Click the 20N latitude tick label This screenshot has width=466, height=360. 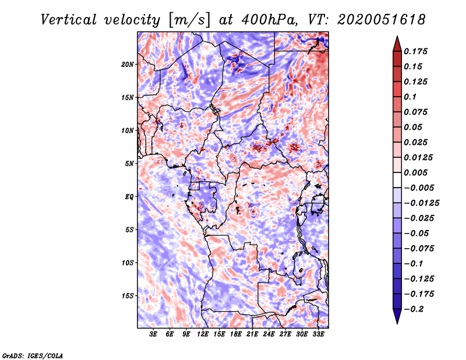pyautogui.click(x=128, y=64)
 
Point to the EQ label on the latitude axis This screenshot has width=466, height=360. pyautogui.click(x=129, y=197)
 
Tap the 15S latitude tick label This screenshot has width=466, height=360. pyautogui.click(x=128, y=296)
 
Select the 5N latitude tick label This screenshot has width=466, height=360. pyautogui.click(x=129, y=164)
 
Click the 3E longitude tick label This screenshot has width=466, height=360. pyautogui.click(x=154, y=334)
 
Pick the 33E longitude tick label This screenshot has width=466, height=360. pyautogui.click(x=318, y=334)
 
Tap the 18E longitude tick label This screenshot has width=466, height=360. pyautogui.click(x=236, y=334)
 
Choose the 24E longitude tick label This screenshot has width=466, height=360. pyautogui.click(x=269, y=334)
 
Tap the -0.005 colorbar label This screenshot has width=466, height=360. pyautogui.click(x=419, y=188)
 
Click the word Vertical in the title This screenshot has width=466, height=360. pyautogui.click(x=68, y=19)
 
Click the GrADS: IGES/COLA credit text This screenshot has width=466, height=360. pyautogui.click(x=32, y=355)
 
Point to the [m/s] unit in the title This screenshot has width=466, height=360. pyautogui.click(x=189, y=19)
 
